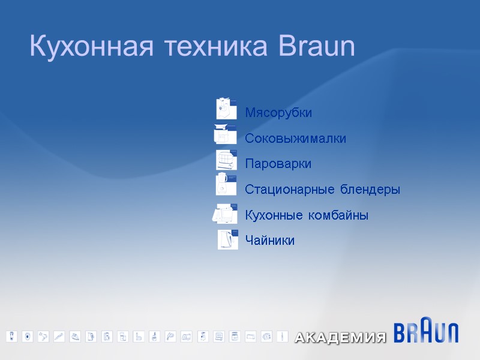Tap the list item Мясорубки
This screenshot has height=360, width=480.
tap(278, 113)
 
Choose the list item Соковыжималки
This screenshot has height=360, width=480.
tap(295, 139)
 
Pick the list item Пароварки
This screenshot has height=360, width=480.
tap(278, 164)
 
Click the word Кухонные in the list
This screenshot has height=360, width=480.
tap(272, 215)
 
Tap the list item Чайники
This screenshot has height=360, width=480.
tap(269, 241)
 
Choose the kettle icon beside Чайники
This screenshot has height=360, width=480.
tap(227, 239)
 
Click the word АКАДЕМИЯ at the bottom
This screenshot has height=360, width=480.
tap(340, 338)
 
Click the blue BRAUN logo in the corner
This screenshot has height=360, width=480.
tap(426, 332)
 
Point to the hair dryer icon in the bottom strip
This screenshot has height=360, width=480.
tap(44, 336)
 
